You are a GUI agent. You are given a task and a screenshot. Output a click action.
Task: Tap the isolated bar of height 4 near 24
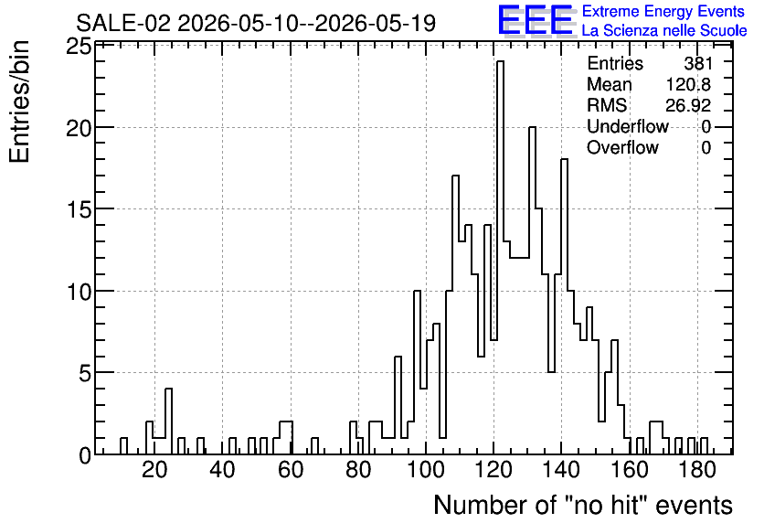[168, 422]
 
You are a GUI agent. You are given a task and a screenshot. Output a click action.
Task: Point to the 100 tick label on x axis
[426, 470]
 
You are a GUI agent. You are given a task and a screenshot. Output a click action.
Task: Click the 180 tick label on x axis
[697, 470]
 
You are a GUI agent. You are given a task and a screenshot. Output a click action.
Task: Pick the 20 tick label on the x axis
[154, 470]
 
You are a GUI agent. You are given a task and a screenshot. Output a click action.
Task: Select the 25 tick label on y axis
[79, 47]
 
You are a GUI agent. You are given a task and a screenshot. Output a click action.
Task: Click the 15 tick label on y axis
[79, 209]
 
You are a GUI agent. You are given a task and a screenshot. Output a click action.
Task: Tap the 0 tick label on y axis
[85, 455]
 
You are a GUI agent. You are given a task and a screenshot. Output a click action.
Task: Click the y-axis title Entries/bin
[19, 101]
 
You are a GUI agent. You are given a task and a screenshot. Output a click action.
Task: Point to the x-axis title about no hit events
[583, 505]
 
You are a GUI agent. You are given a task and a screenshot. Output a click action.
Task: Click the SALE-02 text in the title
[123, 23]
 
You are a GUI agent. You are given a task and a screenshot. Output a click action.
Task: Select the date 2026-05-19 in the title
[376, 23]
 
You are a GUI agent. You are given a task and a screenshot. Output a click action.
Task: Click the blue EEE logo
[536, 20]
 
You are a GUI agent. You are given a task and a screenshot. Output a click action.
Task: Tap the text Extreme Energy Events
[663, 11]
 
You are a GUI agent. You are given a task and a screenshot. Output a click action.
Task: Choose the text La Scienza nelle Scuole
[664, 30]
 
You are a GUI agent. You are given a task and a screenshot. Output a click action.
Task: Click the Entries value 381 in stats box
[697, 63]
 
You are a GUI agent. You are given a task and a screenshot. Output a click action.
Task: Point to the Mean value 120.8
[688, 84]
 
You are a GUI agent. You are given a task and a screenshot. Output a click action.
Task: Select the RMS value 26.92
[688, 105]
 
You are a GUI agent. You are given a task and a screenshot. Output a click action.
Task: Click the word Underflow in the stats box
[628, 126]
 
